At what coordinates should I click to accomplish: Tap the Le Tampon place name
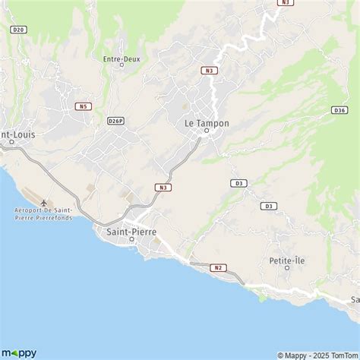(207, 122)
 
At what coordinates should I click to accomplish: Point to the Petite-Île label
(286, 261)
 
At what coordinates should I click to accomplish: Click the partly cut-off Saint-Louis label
(17, 134)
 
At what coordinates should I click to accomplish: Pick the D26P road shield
(115, 121)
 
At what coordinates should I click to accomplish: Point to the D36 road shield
(339, 110)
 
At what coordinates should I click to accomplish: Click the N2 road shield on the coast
(219, 267)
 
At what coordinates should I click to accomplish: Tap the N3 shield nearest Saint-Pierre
(163, 187)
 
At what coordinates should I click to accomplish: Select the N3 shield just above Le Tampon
(209, 70)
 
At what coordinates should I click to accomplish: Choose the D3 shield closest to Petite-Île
(268, 206)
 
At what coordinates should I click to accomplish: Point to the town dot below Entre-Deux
(122, 65)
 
